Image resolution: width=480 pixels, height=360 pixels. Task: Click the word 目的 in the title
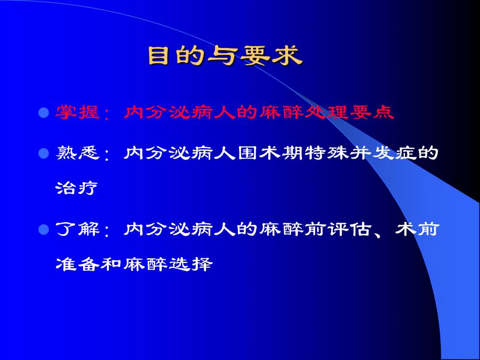pyautogui.click(x=174, y=56)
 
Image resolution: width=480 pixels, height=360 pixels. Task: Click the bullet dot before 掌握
pyautogui.click(x=44, y=113)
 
